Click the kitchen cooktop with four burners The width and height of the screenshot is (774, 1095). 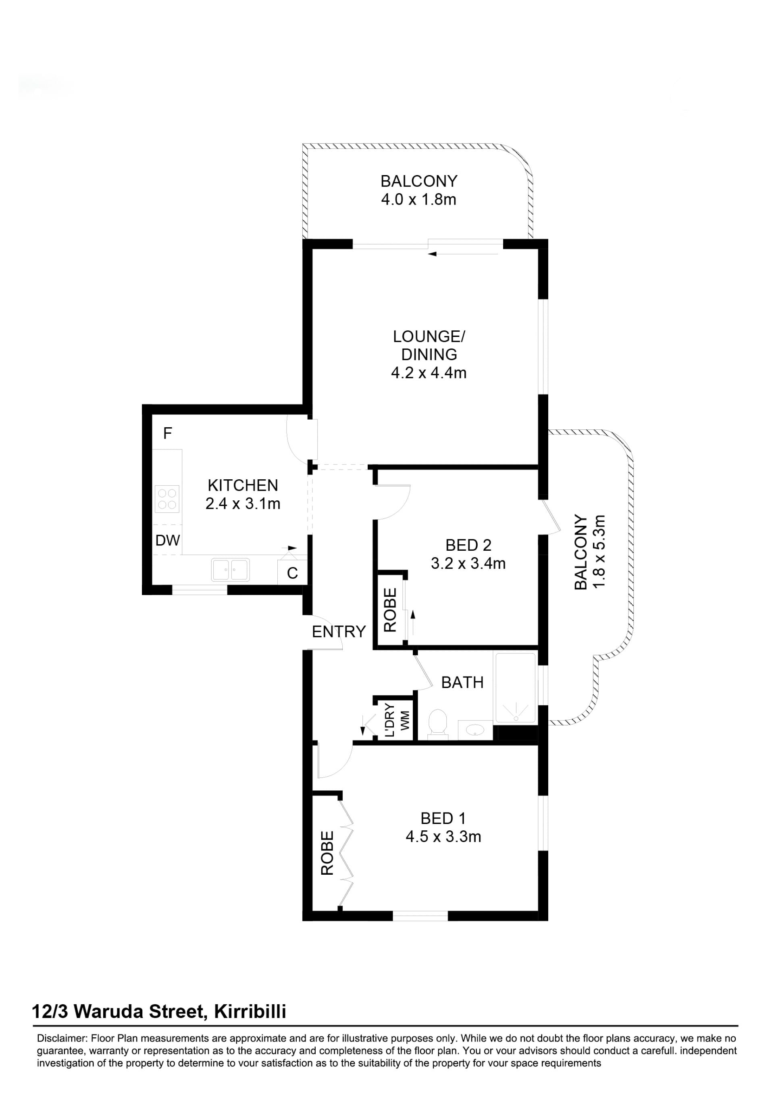[x=167, y=499]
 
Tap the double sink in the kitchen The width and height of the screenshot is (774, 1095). [x=230, y=569]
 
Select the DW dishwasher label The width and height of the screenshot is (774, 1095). [x=168, y=540]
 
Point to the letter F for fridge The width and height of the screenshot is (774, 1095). [x=167, y=433]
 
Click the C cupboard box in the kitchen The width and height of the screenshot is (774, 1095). [x=292, y=572]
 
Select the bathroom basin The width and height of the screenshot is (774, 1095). [x=475, y=730]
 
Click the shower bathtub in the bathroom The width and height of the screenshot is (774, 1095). [x=516, y=687]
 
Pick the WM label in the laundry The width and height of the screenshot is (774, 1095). [x=405, y=721]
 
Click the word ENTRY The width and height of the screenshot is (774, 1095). [x=339, y=631]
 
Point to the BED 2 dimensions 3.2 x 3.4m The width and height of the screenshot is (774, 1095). [x=468, y=563]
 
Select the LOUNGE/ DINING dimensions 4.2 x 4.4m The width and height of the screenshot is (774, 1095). [x=429, y=372]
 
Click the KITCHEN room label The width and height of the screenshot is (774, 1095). [x=243, y=485]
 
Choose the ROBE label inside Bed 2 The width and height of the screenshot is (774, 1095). [x=390, y=610]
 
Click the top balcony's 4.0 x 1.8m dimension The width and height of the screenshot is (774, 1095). [x=418, y=199]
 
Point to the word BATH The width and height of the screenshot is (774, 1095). [x=462, y=683]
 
